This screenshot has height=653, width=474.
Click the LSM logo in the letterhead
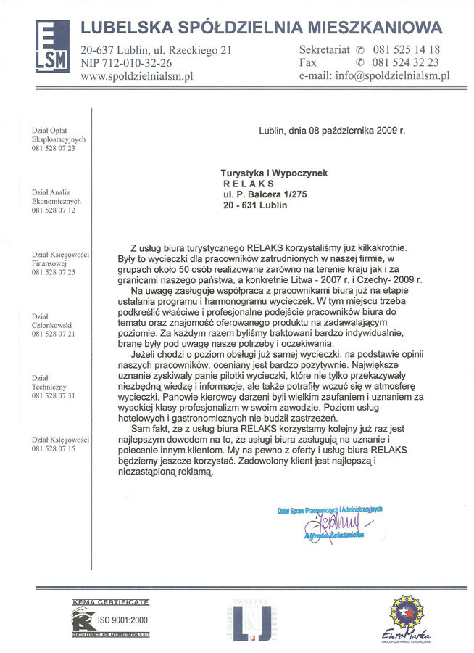[x=51, y=46]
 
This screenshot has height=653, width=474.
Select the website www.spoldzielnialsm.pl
[x=136, y=75]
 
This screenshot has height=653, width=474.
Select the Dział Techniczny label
[x=49, y=383]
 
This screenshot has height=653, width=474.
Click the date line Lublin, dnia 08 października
[x=332, y=131]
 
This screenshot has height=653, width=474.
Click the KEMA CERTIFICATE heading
[x=110, y=602]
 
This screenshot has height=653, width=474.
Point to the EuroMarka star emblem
[x=407, y=613]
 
